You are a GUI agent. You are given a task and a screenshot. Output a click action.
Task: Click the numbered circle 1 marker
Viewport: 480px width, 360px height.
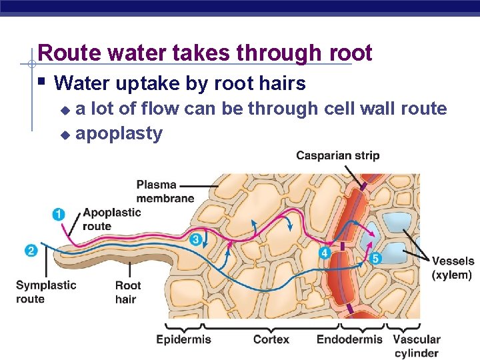(59, 214)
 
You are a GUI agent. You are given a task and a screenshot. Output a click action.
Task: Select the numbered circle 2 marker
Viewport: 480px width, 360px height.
(31, 251)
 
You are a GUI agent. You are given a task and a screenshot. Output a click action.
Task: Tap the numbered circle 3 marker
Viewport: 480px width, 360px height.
(196, 239)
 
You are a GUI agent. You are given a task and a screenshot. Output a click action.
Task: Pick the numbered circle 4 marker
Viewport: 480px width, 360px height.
(325, 253)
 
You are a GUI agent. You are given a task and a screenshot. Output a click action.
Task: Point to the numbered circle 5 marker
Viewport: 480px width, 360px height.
(375, 258)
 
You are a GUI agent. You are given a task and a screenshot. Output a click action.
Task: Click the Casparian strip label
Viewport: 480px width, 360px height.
(337, 155)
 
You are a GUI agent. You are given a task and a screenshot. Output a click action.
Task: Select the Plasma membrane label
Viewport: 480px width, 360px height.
(165, 191)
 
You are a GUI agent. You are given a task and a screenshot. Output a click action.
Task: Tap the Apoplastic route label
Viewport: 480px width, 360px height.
(111, 219)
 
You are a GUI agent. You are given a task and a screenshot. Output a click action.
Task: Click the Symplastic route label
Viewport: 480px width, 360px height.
(46, 291)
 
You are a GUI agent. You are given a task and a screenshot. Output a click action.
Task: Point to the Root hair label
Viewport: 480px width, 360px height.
(128, 292)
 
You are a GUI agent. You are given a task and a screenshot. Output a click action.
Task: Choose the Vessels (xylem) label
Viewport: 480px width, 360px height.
(453, 267)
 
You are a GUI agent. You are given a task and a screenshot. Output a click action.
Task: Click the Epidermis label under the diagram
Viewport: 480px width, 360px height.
(183, 339)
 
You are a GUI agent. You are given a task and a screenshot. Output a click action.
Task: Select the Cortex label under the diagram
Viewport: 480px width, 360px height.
(271, 339)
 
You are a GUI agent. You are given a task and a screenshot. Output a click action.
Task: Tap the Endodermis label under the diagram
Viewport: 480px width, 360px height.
(349, 339)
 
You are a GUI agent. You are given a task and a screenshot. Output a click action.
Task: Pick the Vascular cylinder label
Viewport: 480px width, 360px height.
(417, 346)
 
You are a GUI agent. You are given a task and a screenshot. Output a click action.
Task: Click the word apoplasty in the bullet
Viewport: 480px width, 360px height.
(119, 133)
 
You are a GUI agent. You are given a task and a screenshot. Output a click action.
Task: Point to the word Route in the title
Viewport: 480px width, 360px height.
(64, 53)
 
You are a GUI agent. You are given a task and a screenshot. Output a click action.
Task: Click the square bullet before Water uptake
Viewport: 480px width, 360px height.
(41, 82)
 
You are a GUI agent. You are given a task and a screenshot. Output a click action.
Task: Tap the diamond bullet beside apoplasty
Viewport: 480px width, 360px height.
(65, 135)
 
